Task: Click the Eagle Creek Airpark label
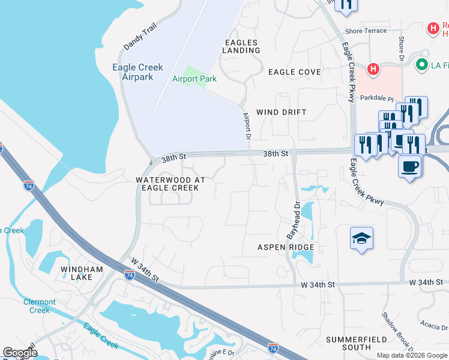(x=133, y=72)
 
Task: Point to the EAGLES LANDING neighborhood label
(x=242, y=46)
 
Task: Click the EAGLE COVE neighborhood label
(x=294, y=72)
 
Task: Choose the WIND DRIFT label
(x=281, y=112)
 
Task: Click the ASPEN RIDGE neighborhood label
(x=286, y=247)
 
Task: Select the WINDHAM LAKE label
(x=76, y=274)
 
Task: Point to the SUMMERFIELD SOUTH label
(x=357, y=343)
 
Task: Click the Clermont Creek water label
(x=40, y=306)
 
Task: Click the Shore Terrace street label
(x=366, y=31)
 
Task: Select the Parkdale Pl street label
(x=376, y=97)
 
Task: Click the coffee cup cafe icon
(x=410, y=165)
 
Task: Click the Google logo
(x=20, y=353)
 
